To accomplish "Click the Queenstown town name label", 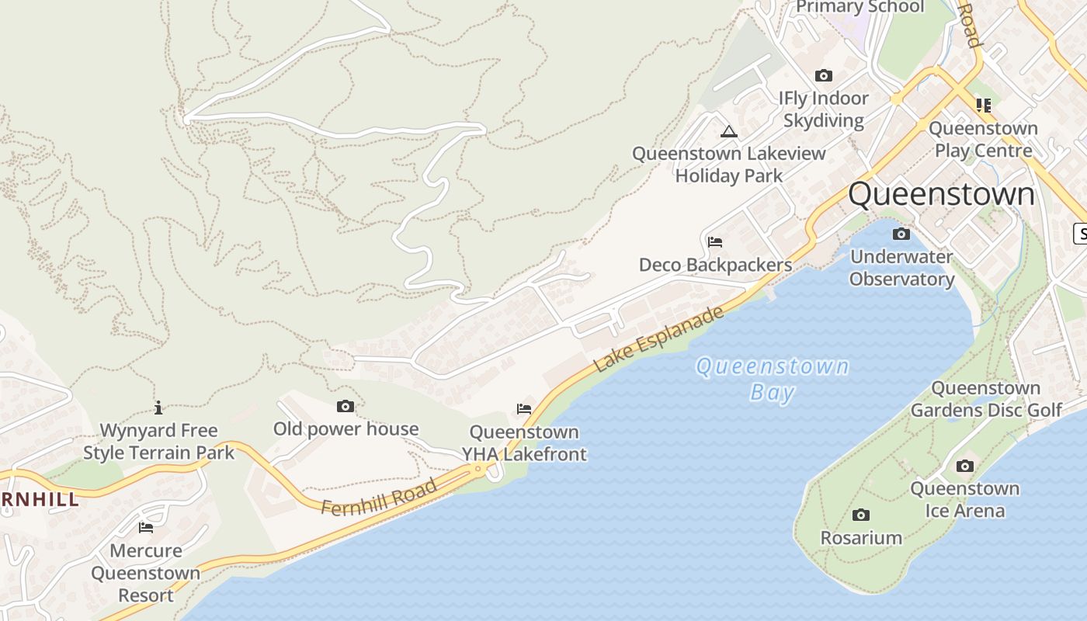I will pyautogui.click(x=941, y=194).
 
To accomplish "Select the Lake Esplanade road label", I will pyautogui.click(x=659, y=338).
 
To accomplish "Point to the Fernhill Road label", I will pyautogui.click(x=378, y=498).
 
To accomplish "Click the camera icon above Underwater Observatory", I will pyautogui.click(x=901, y=234).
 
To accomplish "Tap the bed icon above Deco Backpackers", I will pyautogui.click(x=715, y=242).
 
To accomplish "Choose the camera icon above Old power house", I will pyautogui.click(x=346, y=406).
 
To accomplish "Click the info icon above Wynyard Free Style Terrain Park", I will pyautogui.click(x=158, y=408).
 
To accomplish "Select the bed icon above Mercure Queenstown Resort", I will pyautogui.click(x=145, y=528).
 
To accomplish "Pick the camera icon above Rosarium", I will pyautogui.click(x=861, y=515).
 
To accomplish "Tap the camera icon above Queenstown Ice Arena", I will pyautogui.click(x=964, y=466).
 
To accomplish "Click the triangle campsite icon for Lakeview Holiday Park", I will pyautogui.click(x=728, y=131).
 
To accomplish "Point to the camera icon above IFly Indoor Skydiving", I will pyautogui.click(x=824, y=75).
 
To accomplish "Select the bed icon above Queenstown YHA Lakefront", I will pyautogui.click(x=524, y=409).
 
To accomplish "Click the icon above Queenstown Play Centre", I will pyautogui.click(x=984, y=105).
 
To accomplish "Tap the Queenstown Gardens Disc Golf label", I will pyautogui.click(x=986, y=399).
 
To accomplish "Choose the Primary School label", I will pyautogui.click(x=860, y=7).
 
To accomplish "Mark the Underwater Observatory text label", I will pyautogui.click(x=901, y=268).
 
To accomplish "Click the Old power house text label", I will pyautogui.click(x=346, y=428).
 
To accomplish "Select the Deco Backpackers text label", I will pyautogui.click(x=715, y=265).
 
